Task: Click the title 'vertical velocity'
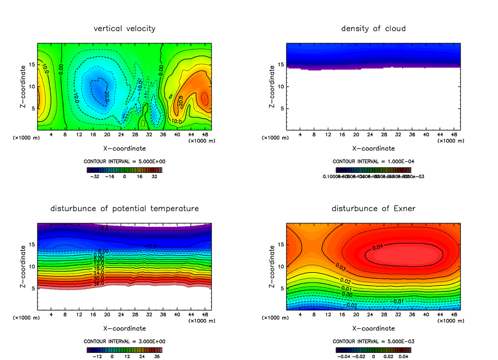(x=124, y=29)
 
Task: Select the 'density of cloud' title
(x=373, y=29)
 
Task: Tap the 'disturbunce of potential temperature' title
(x=124, y=208)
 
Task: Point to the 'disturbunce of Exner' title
(x=373, y=208)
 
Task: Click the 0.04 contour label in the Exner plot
(x=377, y=248)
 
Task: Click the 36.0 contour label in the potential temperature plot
(x=99, y=283)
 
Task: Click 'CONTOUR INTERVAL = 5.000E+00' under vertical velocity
(x=124, y=161)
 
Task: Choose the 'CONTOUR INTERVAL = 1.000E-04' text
(x=373, y=161)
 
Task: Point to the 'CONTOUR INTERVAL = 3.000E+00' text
(x=124, y=341)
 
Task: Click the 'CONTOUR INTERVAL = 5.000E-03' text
(x=373, y=341)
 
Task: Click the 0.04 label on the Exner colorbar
(x=403, y=356)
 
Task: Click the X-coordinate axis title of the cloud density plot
(x=373, y=148)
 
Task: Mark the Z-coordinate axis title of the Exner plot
(x=272, y=266)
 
